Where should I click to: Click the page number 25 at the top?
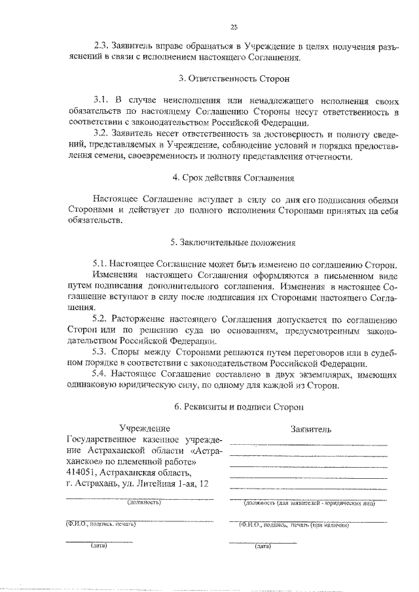[x=234, y=27]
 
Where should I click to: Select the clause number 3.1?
[x=101, y=100]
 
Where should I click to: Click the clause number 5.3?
[x=101, y=352]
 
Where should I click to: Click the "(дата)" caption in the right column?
[x=263, y=546]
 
